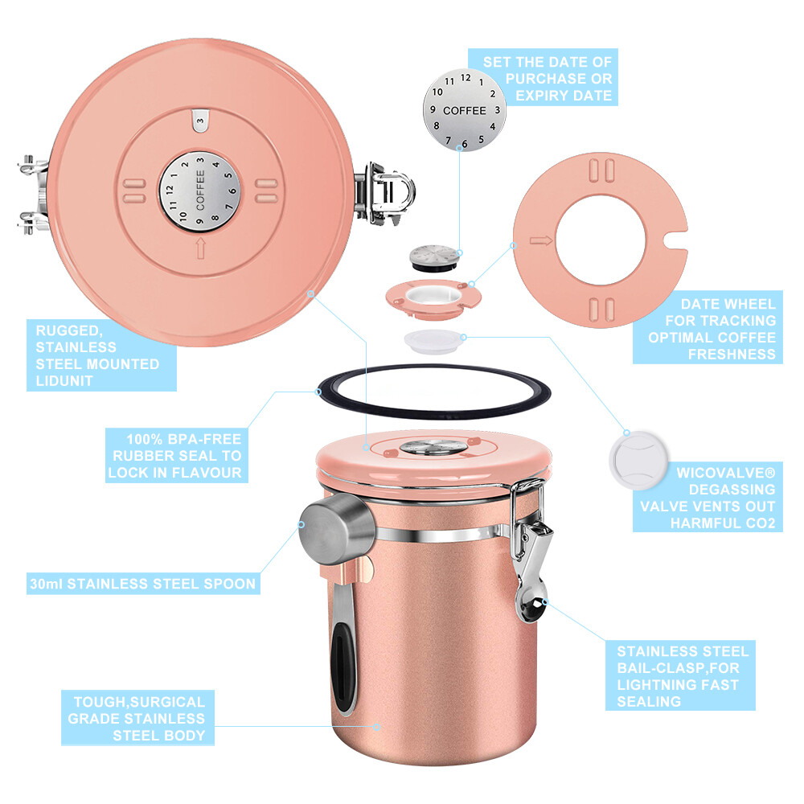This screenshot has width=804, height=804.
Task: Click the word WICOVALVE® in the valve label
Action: (717, 472)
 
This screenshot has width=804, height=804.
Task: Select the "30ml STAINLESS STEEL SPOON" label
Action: (143, 584)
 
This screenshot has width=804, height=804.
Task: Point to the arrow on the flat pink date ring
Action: (539, 240)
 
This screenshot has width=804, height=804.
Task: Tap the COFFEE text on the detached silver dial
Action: (465, 110)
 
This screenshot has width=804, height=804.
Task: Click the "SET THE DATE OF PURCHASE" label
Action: (548, 79)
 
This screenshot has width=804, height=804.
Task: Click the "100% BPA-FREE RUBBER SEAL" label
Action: (174, 456)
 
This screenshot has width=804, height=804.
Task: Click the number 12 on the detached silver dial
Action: (465, 79)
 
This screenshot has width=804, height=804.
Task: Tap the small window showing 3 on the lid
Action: (199, 120)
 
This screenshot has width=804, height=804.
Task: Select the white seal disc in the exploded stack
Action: (431, 340)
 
